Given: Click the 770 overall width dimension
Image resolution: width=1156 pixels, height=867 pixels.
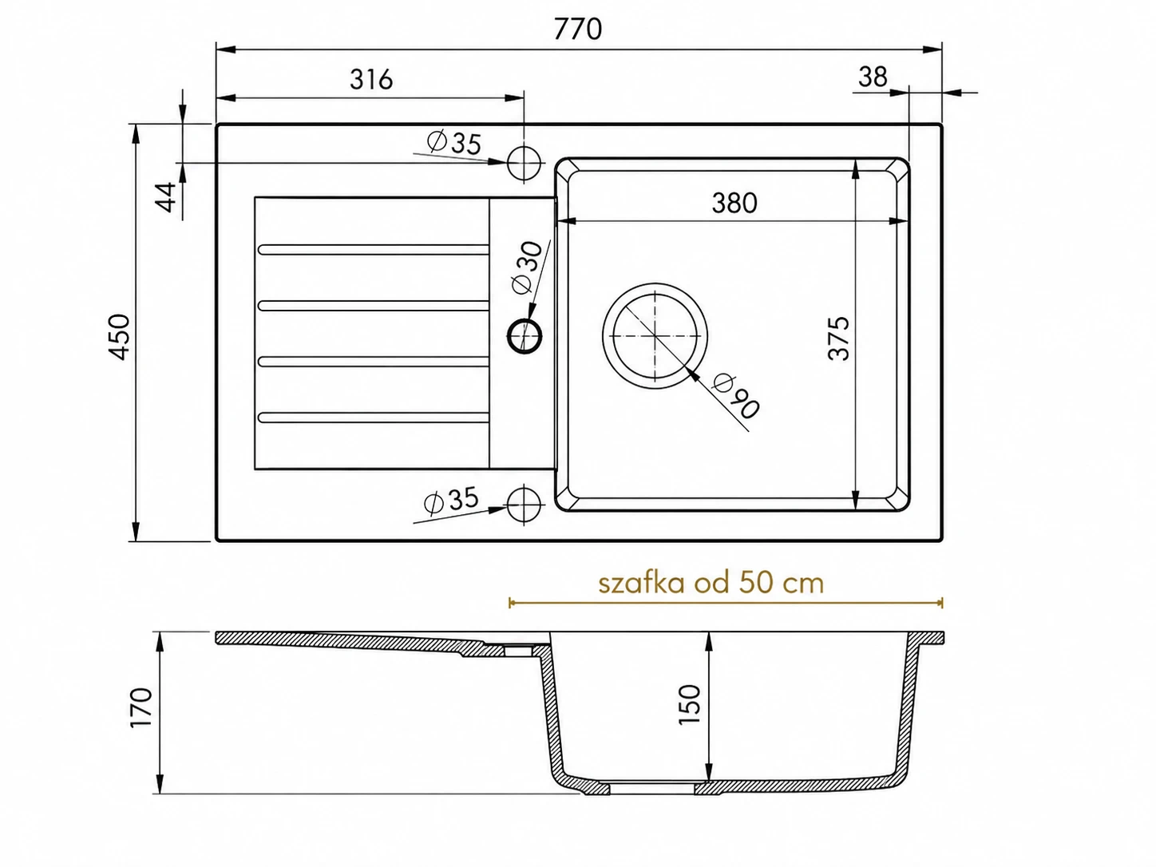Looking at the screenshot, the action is (577, 29).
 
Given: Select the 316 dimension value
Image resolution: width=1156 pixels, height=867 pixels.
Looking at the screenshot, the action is (371, 80).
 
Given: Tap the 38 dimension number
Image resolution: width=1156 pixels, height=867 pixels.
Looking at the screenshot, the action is (873, 77).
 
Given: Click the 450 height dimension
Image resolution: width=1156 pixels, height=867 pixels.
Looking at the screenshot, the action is (120, 337).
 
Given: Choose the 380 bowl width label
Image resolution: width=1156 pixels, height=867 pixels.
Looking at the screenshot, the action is (734, 203).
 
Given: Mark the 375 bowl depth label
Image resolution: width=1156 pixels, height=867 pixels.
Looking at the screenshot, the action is (839, 338).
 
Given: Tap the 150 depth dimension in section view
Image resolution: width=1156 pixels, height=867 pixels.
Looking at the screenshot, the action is (690, 704).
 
